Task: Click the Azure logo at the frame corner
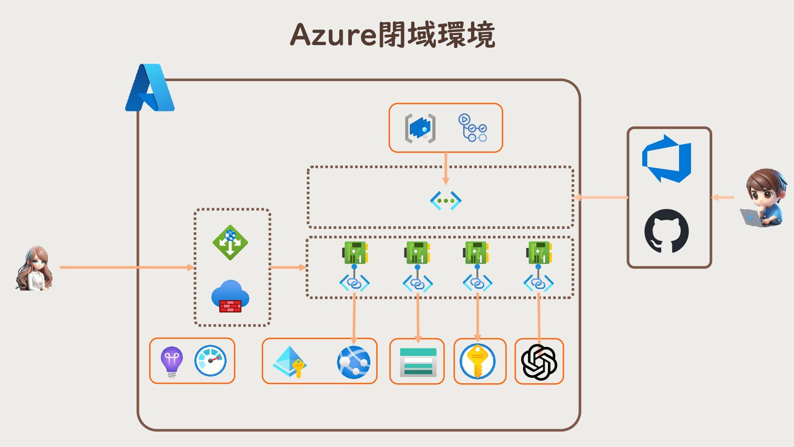pos(150,88)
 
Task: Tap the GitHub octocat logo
pos(666,231)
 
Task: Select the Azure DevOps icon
pos(666,159)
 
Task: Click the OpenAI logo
pos(539,362)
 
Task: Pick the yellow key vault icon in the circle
pos(477,361)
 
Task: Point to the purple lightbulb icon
pos(172,361)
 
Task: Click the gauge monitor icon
pos(210,360)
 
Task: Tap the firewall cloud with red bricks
pos(230,296)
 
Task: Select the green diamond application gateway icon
pos(230,242)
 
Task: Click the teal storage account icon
pos(418,362)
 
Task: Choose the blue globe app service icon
pos(354,362)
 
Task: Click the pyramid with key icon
pos(290,362)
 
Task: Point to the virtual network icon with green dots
pos(445,201)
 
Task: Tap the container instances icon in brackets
pos(420,128)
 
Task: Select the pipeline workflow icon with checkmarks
pos(472,128)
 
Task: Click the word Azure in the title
pos(333,35)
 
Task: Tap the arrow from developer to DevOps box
pos(723,197)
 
